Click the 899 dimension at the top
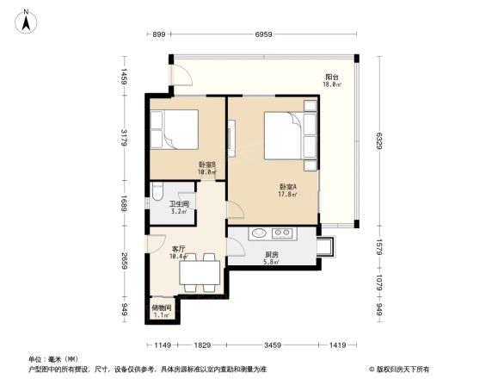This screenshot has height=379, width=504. click(158, 35)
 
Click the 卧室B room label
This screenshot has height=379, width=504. click(206, 165)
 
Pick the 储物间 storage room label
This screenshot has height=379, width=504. click(162, 308)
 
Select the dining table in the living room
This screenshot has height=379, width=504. click(200, 272)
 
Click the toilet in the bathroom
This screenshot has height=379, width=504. click(156, 193)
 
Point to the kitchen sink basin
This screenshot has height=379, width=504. click(257, 233)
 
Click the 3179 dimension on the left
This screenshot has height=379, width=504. click(125, 138)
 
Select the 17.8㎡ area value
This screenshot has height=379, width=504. click(288, 195)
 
